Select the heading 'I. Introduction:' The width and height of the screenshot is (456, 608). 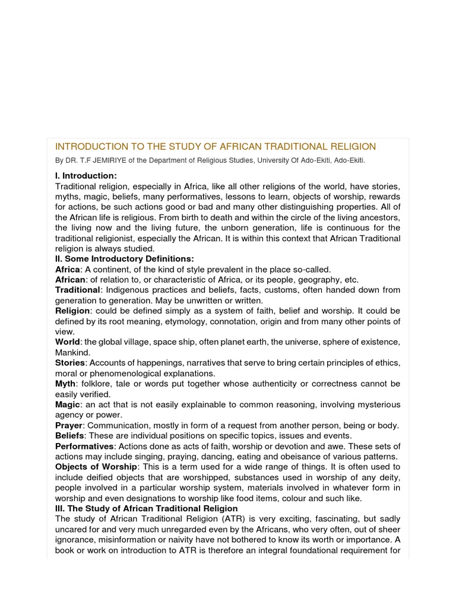(86, 176)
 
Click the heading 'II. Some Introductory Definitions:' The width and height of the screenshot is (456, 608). (124, 259)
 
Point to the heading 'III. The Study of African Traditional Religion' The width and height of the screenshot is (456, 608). (147, 508)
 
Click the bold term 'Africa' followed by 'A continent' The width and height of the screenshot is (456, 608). (67, 270)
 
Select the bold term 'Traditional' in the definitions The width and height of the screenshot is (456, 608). (77, 290)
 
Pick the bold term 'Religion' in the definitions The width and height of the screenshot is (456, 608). (72, 311)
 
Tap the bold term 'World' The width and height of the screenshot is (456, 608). (68, 342)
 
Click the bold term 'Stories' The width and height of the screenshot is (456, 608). (70, 363)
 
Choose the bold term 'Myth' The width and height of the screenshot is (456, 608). (65, 384)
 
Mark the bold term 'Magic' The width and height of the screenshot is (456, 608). (68, 404)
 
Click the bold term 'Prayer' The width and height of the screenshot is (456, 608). (69, 425)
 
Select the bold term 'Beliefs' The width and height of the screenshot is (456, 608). (69, 436)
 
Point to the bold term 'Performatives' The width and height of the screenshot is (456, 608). (84, 446)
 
